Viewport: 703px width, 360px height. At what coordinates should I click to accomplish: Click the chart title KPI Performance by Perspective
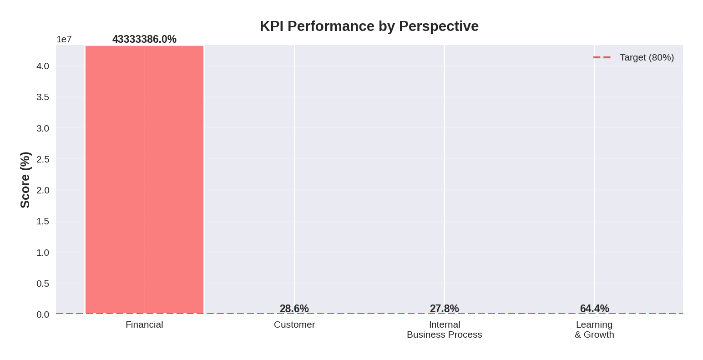coord(369,26)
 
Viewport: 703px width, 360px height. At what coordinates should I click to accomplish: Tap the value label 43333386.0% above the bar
coord(144,40)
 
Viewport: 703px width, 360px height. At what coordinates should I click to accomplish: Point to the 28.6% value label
coord(294,309)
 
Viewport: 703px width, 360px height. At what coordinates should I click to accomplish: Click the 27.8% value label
coord(444,309)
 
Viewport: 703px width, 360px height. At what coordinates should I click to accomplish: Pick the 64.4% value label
coord(594,309)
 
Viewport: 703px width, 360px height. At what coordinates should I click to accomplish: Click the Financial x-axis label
coord(144,325)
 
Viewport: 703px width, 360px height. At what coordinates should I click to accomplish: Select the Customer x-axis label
coord(294,325)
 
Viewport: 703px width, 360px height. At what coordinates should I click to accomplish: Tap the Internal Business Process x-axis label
coord(445,330)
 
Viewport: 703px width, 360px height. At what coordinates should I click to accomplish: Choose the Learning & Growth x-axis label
coord(594,330)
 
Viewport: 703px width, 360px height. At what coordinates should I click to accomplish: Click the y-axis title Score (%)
coord(25,180)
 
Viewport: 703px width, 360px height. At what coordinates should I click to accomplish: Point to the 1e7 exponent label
coord(64,40)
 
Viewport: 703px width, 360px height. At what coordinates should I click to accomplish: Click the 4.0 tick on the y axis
coord(43,66)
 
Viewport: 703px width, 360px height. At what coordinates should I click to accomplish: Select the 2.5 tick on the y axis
coord(43,159)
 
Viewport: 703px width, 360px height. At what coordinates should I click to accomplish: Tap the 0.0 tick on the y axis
coord(43,314)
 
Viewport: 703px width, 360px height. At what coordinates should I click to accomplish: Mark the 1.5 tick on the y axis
coord(43,221)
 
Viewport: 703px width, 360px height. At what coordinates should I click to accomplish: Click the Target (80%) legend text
coord(647,57)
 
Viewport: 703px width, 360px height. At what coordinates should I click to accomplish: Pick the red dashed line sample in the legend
coord(602,57)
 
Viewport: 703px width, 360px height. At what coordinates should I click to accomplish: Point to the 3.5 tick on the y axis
coord(43,97)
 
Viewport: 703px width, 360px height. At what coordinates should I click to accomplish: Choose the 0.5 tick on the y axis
coord(43,284)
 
